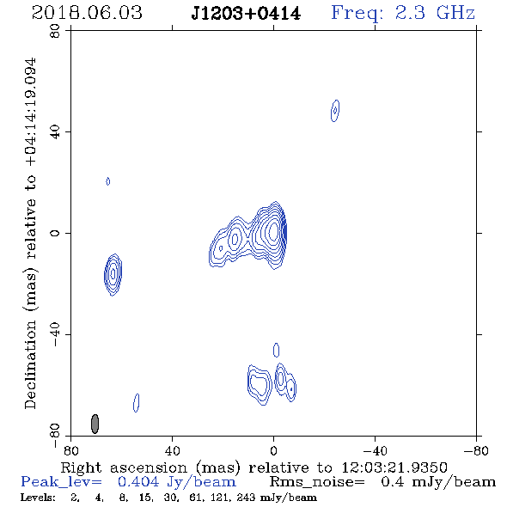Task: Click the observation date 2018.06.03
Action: point(87,13)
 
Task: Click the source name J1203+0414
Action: point(246,14)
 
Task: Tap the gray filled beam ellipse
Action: point(95,424)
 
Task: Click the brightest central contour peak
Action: point(273,231)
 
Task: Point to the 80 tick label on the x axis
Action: point(70,450)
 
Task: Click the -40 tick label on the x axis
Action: point(375,450)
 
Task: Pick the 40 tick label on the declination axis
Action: point(55,132)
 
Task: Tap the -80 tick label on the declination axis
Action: point(55,436)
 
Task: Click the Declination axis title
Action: point(31,234)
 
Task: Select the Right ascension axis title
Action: point(253,467)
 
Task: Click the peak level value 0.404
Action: point(138,482)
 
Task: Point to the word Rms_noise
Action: point(317,482)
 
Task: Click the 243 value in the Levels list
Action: point(246,497)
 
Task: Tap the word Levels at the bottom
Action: point(38,497)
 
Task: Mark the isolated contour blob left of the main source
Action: point(113,275)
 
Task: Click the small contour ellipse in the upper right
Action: point(335,111)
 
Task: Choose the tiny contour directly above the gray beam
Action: point(108,181)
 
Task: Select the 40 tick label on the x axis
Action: point(172,450)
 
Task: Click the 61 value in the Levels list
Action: point(195,497)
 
